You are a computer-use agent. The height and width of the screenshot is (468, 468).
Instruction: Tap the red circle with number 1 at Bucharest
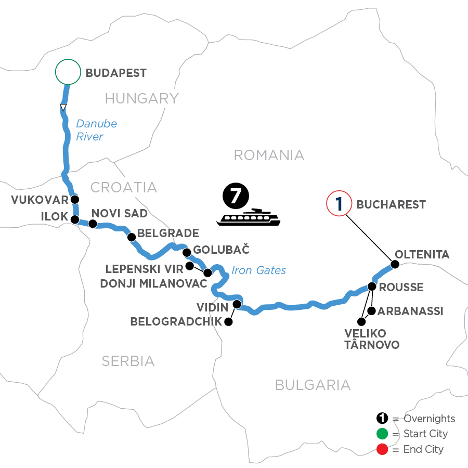339,204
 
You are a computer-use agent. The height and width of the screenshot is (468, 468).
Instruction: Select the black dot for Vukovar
75,199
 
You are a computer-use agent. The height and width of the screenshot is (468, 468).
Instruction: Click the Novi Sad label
119,213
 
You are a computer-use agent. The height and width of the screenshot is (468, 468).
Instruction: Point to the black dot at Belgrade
132,237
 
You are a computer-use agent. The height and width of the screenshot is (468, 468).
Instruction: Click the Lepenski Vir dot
190,266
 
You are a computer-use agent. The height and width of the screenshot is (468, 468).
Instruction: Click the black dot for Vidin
237,304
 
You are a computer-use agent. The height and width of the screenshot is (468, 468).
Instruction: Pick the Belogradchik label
176,322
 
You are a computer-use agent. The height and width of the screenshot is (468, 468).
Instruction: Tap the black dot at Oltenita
395,264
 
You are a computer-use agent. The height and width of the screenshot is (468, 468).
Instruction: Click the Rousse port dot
372,286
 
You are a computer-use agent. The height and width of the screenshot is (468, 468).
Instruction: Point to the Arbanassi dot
371,311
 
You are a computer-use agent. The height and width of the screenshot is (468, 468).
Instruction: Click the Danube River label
96,130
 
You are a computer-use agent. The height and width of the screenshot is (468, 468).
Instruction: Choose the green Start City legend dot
382,434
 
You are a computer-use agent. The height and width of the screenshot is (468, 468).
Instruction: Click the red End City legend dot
382,449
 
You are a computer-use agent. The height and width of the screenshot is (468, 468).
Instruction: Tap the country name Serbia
128,360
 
